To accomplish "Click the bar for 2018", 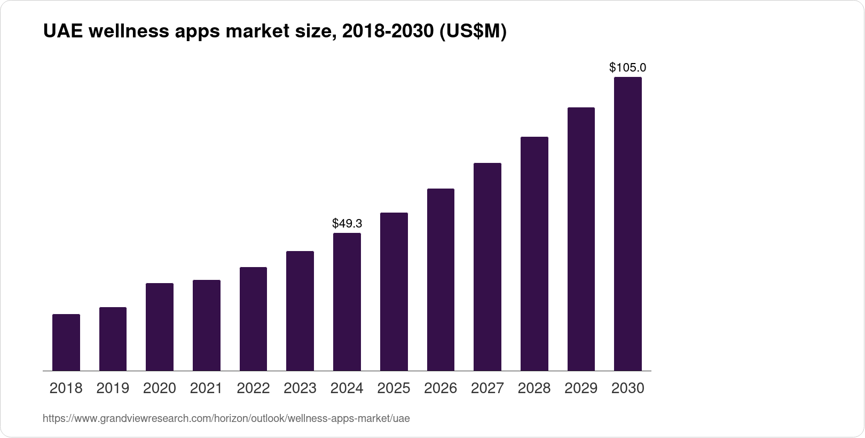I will pos(66,342).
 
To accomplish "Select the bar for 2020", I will pos(160,327).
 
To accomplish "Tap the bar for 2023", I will pos(300,311).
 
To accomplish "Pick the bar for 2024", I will pos(347,302).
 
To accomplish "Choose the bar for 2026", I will pos(441,279).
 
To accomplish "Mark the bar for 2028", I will pos(534,254).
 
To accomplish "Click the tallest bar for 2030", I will pos(628,224).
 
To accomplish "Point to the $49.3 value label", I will pos(347,223).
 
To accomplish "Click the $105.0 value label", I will pos(628,67).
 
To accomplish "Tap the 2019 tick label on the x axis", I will pos(113,388).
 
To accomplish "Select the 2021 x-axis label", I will pos(206,388).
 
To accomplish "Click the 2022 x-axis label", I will pos(253,388).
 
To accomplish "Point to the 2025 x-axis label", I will pos(394,388).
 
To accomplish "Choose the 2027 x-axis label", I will pos(487,388).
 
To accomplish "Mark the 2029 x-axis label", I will pos(581,388).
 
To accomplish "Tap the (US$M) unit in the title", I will pos(473,32).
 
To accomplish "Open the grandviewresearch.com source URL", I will pos(226,418).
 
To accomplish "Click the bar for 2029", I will pos(581,239).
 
